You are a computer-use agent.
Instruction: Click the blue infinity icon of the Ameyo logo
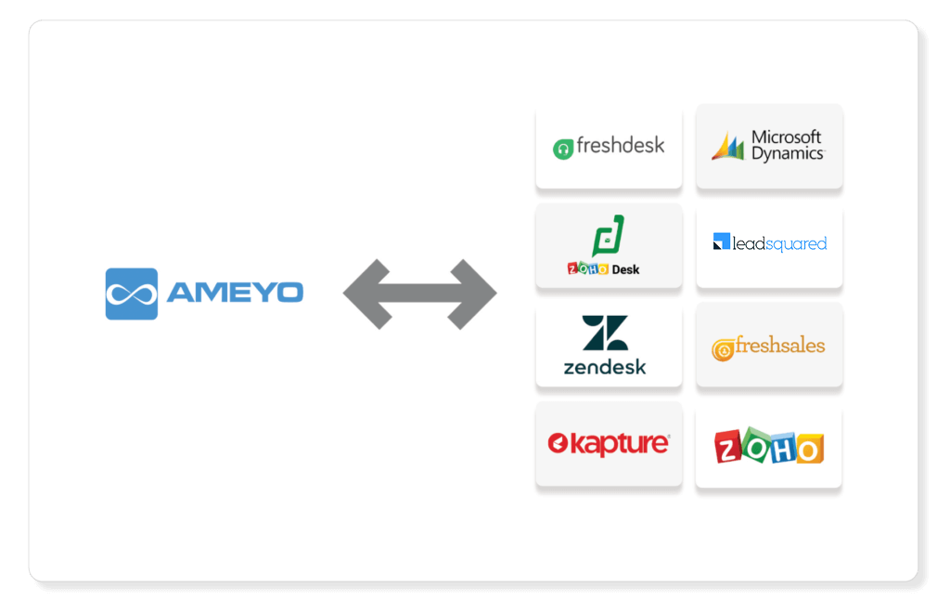132,294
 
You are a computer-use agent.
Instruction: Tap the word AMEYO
235,293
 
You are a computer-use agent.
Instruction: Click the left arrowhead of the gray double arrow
367,294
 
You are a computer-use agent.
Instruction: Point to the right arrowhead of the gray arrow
472,294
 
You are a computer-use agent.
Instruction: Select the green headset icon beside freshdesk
563,150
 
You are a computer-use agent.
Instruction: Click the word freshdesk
621,146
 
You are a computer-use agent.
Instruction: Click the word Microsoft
787,137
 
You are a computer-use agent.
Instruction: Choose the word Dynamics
788,154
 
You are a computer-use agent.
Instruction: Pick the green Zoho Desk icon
609,236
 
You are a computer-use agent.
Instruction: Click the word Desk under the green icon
625,270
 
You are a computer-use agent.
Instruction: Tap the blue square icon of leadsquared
722,242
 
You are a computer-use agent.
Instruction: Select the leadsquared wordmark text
779,243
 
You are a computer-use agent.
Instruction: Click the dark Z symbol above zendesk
605,333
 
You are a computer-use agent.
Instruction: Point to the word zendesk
605,367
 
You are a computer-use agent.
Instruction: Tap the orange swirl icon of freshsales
723,349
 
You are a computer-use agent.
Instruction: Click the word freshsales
780,346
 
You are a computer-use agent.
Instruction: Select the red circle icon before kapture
558,443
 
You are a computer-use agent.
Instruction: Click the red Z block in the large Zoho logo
727,448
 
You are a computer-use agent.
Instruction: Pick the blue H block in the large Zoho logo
783,450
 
